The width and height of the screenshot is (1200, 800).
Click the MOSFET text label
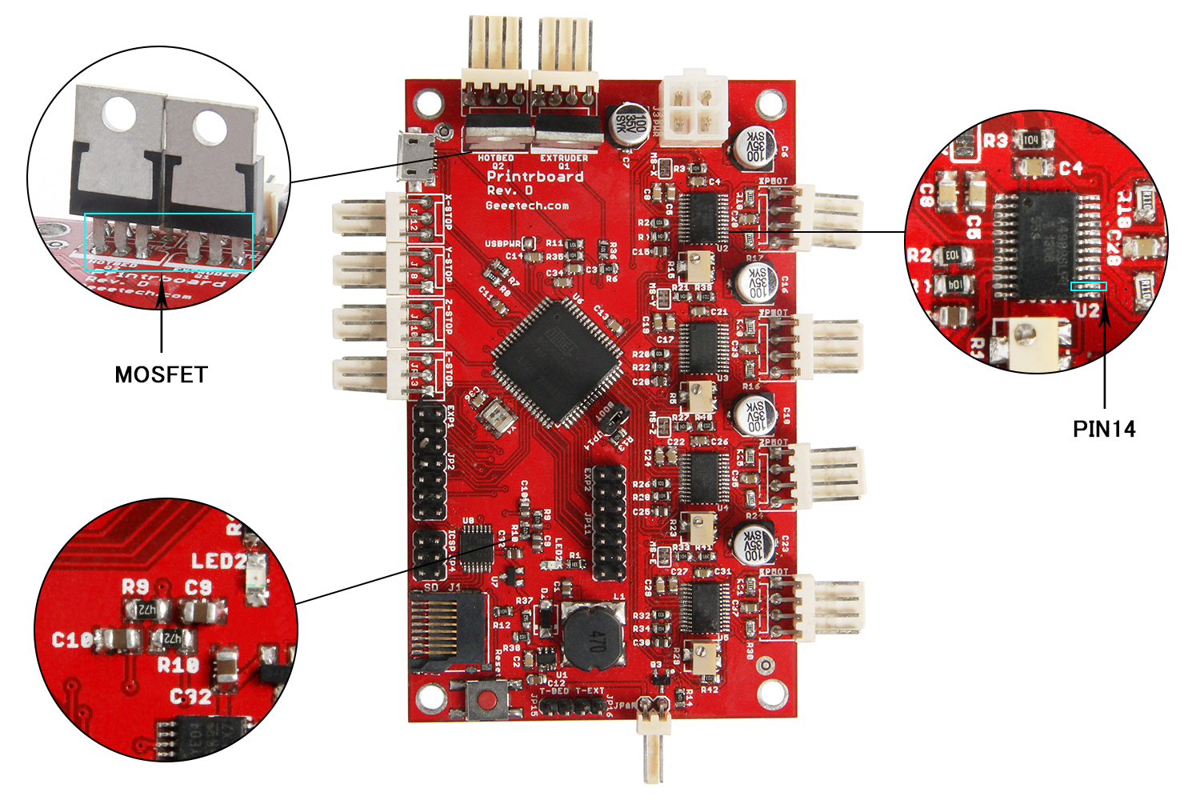[161, 374]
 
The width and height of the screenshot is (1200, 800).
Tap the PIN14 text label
[1103, 429]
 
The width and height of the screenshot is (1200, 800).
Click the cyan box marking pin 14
[1089, 286]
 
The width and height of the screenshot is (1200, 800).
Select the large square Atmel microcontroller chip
[557, 361]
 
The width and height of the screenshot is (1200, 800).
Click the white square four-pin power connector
[692, 110]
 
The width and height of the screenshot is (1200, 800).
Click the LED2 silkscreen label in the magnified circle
[217, 561]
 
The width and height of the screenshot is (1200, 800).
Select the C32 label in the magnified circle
[190, 698]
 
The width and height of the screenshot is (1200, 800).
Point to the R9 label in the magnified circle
[135, 586]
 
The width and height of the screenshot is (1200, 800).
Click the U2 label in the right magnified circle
[1086, 310]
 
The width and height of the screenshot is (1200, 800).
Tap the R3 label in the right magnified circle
[995, 141]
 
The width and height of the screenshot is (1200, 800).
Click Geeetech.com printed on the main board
[527, 206]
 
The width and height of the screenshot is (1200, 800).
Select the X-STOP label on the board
[449, 212]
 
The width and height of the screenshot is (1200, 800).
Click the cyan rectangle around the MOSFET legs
[169, 242]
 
